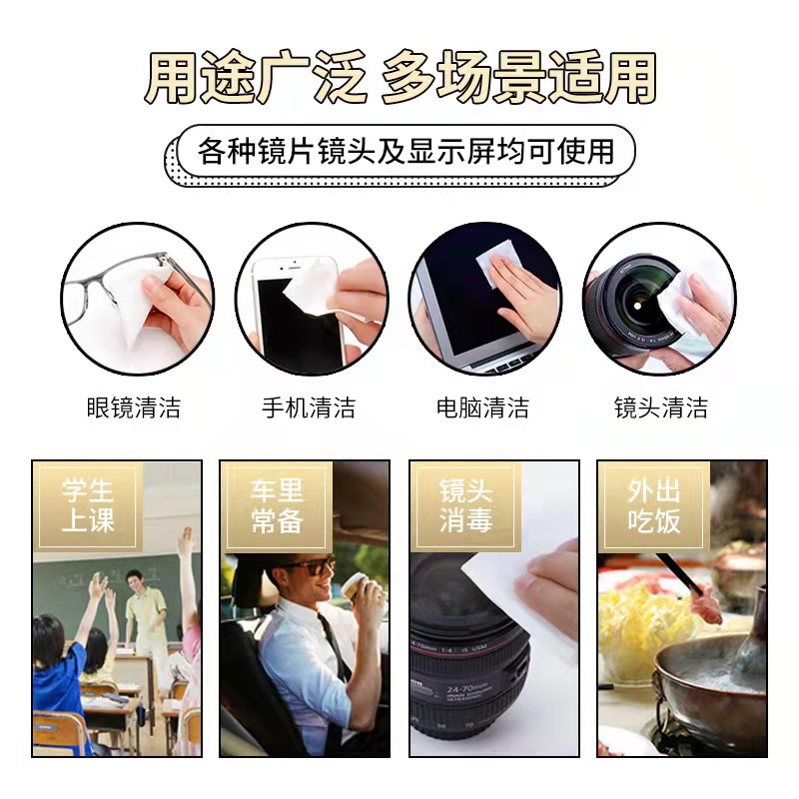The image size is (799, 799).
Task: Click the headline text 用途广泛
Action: [x=256, y=77]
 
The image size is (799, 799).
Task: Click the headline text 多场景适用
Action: [x=518, y=77]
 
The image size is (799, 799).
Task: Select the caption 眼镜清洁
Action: [x=134, y=407]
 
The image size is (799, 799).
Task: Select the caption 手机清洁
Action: [x=309, y=407]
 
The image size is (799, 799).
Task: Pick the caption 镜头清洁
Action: [x=660, y=407]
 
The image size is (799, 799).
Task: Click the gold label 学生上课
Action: [x=88, y=505]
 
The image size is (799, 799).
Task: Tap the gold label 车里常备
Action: [x=277, y=505]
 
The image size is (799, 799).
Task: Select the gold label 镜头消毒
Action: [x=465, y=505]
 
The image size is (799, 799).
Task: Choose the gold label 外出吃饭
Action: [x=653, y=505]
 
